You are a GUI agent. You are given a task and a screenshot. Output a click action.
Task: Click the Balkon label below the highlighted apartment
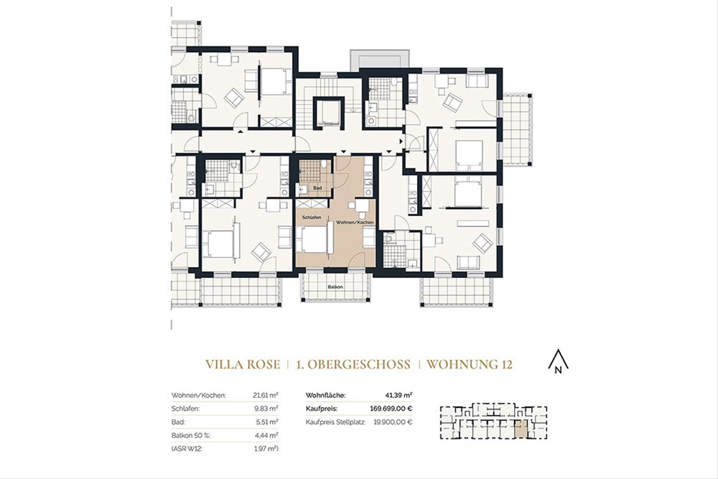click(335, 287)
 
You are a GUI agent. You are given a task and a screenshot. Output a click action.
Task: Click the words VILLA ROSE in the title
click(242, 364)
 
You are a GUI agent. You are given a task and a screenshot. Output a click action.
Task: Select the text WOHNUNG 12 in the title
click(470, 364)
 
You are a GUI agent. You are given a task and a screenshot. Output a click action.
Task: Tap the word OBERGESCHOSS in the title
click(354, 364)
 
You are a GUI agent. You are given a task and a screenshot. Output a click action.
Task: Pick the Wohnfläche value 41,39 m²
click(398, 395)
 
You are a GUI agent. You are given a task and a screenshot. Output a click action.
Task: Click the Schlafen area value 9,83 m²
click(266, 408)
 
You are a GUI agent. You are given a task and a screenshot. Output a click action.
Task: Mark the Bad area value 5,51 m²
click(266, 422)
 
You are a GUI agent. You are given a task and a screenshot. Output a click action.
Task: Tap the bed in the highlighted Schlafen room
click(314, 239)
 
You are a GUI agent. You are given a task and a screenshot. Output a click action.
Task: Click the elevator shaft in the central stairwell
click(327, 110)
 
